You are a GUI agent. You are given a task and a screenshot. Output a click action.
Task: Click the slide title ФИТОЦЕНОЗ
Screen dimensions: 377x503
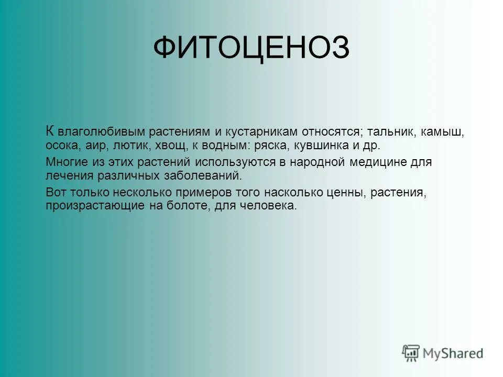pos(251,49)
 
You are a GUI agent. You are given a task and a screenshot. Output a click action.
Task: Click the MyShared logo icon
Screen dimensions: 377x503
pos(411,352)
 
